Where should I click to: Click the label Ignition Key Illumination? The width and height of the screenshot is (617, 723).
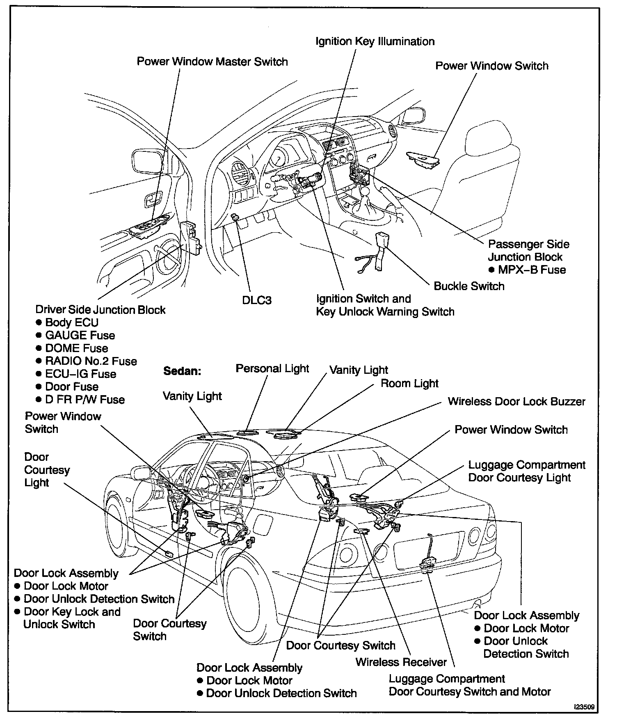(375, 41)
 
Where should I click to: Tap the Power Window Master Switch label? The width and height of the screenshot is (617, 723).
(212, 62)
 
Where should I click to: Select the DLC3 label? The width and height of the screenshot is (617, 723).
(257, 300)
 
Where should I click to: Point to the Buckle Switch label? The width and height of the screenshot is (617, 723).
(469, 286)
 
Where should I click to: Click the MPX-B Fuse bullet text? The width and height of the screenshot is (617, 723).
(532, 270)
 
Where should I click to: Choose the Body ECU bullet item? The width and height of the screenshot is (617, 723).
(72, 323)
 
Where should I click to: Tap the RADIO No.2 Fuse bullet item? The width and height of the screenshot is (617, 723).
(91, 361)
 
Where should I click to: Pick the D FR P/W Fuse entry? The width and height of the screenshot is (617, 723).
(85, 399)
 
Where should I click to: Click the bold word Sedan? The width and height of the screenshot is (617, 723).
(182, 371)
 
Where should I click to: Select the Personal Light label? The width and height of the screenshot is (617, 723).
(272, 368)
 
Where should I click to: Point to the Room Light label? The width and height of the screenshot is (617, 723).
(409, 384)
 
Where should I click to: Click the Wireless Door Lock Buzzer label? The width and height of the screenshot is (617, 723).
(516, 401)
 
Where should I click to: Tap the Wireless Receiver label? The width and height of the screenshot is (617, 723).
(401, 662)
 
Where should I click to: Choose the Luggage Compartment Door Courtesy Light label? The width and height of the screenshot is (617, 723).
(526, 471)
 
